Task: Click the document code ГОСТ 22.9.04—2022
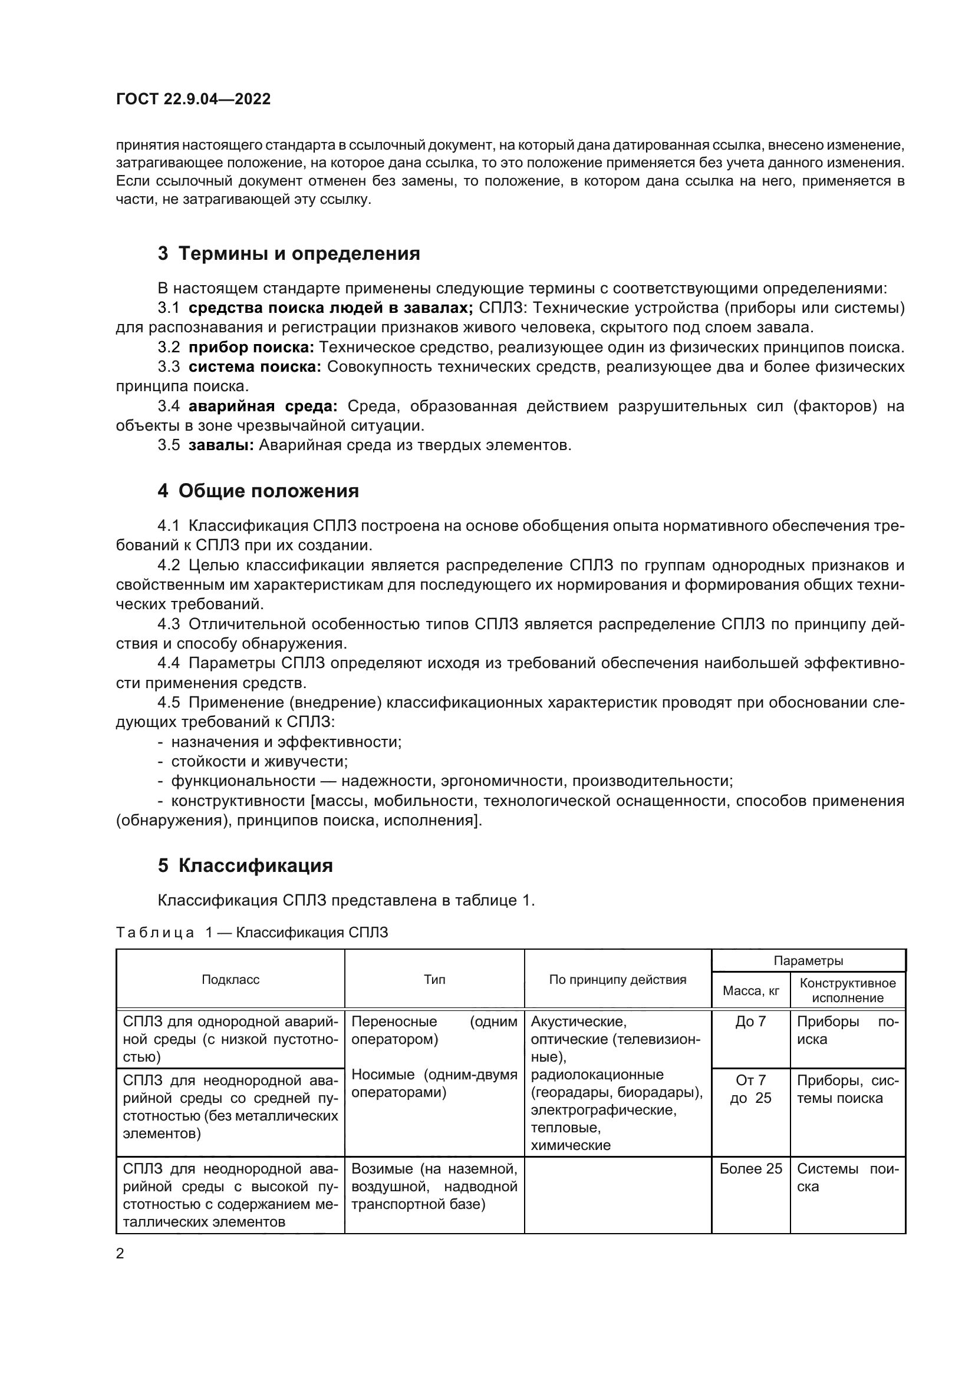(193, 99)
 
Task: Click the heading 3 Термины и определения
(289, 253)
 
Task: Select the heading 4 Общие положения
(258, 490)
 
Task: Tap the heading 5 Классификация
(245, 865)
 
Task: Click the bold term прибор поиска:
(251, 347)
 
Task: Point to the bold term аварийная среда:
(263, 406)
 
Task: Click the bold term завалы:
(221, 445)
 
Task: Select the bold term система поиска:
(255, 366)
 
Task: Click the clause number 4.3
(169, 623)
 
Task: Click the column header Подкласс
(230, 980)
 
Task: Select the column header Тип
(434, 980)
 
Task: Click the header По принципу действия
(617, 980)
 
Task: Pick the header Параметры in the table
(808, 960)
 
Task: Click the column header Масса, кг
(750, 990)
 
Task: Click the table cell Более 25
(750, 1168)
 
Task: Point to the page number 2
(120, 1253)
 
